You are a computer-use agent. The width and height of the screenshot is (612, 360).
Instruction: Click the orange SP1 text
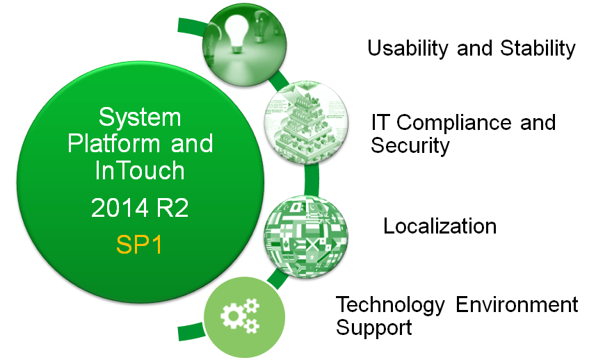point(139,245)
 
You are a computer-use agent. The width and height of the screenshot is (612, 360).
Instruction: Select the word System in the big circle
point(140,117)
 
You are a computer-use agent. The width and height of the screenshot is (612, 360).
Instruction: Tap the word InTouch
point(140,170)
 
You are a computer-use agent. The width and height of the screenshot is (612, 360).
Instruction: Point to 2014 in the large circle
point(120,208)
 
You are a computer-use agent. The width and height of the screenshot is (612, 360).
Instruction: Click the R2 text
point(172,208)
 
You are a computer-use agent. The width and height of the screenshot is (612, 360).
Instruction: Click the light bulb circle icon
point(245,45)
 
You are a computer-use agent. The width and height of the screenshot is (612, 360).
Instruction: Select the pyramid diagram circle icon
point(307,122)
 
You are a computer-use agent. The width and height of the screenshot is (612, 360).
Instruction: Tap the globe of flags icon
point(306,236)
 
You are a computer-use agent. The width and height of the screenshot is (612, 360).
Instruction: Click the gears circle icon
point(244,317)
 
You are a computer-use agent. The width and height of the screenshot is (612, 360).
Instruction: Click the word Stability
point(538,49)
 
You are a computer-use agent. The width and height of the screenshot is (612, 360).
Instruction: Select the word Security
point(410,145)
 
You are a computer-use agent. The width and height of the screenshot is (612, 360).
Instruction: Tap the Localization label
point(440,227)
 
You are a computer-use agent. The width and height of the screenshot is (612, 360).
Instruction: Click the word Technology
point(390,305)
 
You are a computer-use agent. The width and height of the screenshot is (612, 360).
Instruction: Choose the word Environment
point(517,304)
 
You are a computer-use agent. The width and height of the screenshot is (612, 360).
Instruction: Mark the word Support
point(374,328)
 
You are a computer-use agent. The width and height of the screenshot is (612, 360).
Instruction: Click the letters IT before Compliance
point(380,122)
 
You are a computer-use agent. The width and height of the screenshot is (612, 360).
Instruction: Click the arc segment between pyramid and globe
point(312,179)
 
